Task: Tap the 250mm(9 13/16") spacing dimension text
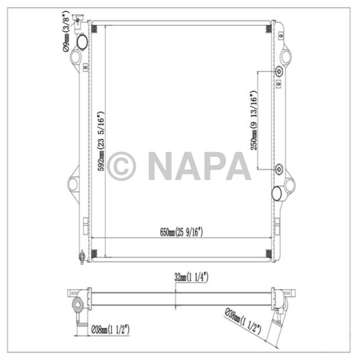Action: [x=253, y=121]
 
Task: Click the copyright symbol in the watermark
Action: [x=120, y=166]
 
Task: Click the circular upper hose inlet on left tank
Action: [x=82, y=41]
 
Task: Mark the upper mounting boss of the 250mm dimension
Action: [x=279, y=72]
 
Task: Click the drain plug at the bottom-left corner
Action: [x=81, y=257]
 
